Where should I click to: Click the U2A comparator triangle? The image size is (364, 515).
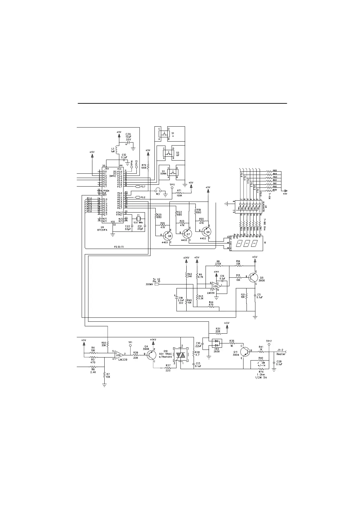(216, 286)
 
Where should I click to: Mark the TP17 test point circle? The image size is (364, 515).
(269, 344)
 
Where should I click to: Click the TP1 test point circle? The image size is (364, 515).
(130, 346)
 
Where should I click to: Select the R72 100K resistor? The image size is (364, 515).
(148, 166)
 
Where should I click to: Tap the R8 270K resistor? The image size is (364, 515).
(218, 266)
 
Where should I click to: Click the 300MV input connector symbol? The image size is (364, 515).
(157, 284)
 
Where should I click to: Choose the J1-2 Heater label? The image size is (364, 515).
(281, 352)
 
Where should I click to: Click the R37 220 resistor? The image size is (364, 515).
(168, 368)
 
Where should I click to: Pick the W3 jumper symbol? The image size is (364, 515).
(158, 191)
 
